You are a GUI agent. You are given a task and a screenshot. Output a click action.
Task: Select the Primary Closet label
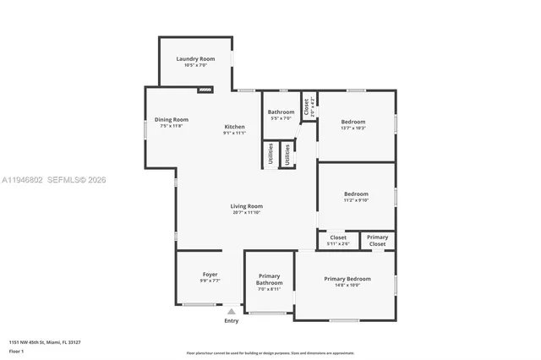pos(378,240)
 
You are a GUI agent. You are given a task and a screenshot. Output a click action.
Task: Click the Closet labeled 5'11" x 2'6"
pos(338,240)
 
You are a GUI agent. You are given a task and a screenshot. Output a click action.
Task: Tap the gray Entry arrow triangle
pos(231,311)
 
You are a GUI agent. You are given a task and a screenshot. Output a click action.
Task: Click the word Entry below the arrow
pos(231,320)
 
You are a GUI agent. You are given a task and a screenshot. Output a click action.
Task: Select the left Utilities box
pos(270,155)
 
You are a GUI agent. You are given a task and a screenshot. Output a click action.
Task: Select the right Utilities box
pos(287,155)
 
